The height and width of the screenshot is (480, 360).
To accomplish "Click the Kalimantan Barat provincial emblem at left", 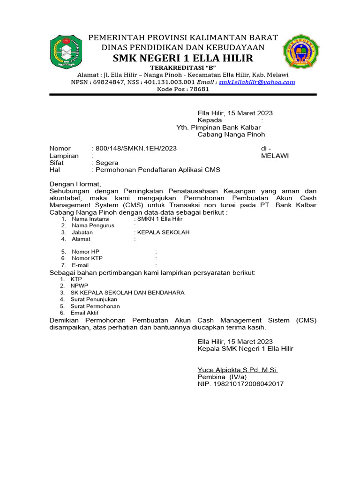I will click(x=66, y=52).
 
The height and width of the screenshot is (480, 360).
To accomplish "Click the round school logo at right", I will click(x=300, y=52).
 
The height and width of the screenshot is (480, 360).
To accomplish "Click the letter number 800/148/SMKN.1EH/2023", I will click(x=136, y=149).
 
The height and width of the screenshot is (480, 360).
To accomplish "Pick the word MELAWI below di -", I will click(x=275, y=156).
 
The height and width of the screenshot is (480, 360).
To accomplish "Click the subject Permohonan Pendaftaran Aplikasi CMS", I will click(x=157, y=170).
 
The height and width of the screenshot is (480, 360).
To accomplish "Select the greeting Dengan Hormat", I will click(x=75, y=184).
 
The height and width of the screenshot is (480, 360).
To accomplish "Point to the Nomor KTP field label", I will click(x=87, y=258).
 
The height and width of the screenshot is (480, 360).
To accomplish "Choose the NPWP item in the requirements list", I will click(x=79, y=285).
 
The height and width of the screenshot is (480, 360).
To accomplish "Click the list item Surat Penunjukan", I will click(x=94, y=299).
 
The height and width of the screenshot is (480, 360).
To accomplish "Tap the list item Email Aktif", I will click(x=85, y=313).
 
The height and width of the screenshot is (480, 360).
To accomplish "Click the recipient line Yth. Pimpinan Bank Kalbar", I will click(x=218, y=127).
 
